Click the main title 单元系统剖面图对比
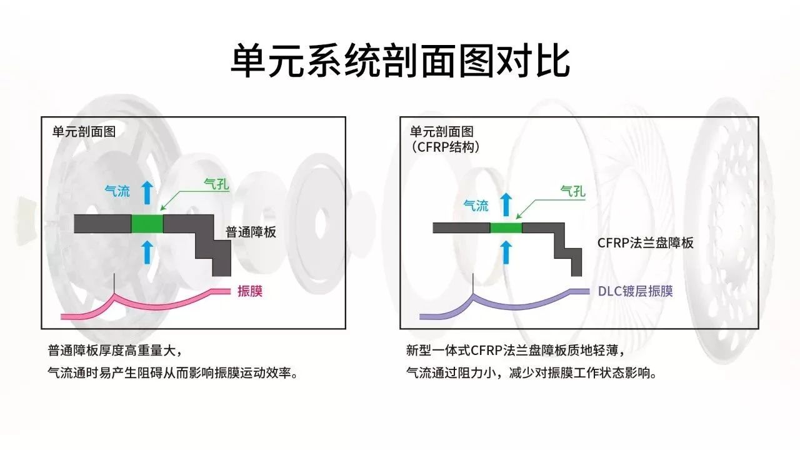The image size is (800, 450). click(400, 61)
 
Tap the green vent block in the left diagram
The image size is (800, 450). click(147, 224)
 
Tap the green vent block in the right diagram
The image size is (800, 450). click(506, 227)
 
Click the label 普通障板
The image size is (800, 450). click(251, 232)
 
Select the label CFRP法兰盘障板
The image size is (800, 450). click(646, 243)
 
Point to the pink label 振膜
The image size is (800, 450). click(250, 291)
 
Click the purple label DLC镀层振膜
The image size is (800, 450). click(636, 291)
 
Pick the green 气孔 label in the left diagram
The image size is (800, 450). click(216, 184)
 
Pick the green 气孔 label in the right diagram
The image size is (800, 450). click(573, 191)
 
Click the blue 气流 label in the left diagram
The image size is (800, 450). click(117, 191)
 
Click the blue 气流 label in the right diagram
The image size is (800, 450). click(476, 206)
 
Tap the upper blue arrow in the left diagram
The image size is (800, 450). click(147, 192)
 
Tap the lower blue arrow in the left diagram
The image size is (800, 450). click(147, 252)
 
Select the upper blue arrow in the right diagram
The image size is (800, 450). click(506, 204)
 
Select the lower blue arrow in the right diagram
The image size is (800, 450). click(506, 252)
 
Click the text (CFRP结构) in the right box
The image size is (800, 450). click(445, 147)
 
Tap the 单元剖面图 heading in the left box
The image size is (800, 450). click(84, 132)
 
